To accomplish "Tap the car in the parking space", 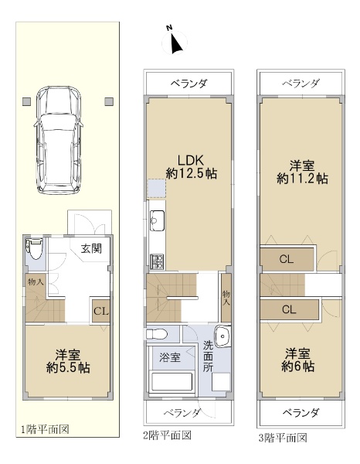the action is [x=58, y=140].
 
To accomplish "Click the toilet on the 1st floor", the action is [x=34, y=248].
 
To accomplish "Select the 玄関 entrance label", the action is [x=92, y=248].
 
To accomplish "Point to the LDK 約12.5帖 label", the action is [x=192, y=167].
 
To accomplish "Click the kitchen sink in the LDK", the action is [x=157, y=220].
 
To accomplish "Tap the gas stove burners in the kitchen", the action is [x=158, y=261].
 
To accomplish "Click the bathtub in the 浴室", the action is [x=172, y=382].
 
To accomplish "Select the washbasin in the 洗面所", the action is [x=222, y=336].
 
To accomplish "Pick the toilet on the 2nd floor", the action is [x=157, y=334].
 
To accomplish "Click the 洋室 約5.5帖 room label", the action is [x=68, y=361].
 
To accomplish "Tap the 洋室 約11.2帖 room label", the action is [x=302, y=172].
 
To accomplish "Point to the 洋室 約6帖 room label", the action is [x=297, y=360].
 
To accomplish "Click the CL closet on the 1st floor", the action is [x=101, y=311].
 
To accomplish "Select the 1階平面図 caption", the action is [x=45, y=429].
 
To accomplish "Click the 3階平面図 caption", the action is [x=283, y=438].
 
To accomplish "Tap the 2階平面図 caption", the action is [x=168, y=435].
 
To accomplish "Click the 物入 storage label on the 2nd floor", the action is [x=226, y=298].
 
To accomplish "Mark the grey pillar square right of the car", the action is [x=109, y=101].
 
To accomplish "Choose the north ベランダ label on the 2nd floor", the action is [x=189, y=84].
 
